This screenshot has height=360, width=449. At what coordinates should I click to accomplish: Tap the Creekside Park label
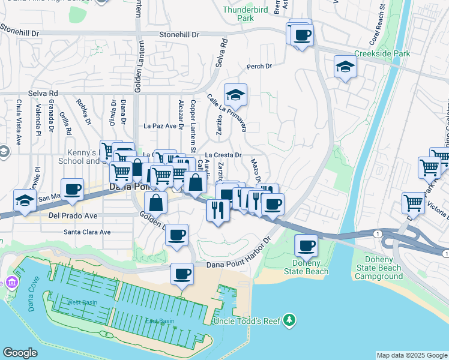point(382,53)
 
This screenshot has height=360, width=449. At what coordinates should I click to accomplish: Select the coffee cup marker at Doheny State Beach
point(306,245)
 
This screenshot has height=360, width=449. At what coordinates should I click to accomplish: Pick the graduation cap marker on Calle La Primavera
point(236,95)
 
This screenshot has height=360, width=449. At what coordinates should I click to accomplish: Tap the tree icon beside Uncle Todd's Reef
point(290,320)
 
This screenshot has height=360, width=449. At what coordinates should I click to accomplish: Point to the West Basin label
point(82,302)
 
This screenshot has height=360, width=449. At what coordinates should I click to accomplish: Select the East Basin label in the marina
point(160,321)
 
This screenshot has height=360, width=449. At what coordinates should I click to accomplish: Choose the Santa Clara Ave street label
point(88,232)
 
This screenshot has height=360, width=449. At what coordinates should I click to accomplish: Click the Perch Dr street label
point(259,67)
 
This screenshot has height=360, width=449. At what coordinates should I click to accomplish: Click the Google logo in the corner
point(20,353)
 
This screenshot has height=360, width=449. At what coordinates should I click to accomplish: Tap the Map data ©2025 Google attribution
point(412,355)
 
